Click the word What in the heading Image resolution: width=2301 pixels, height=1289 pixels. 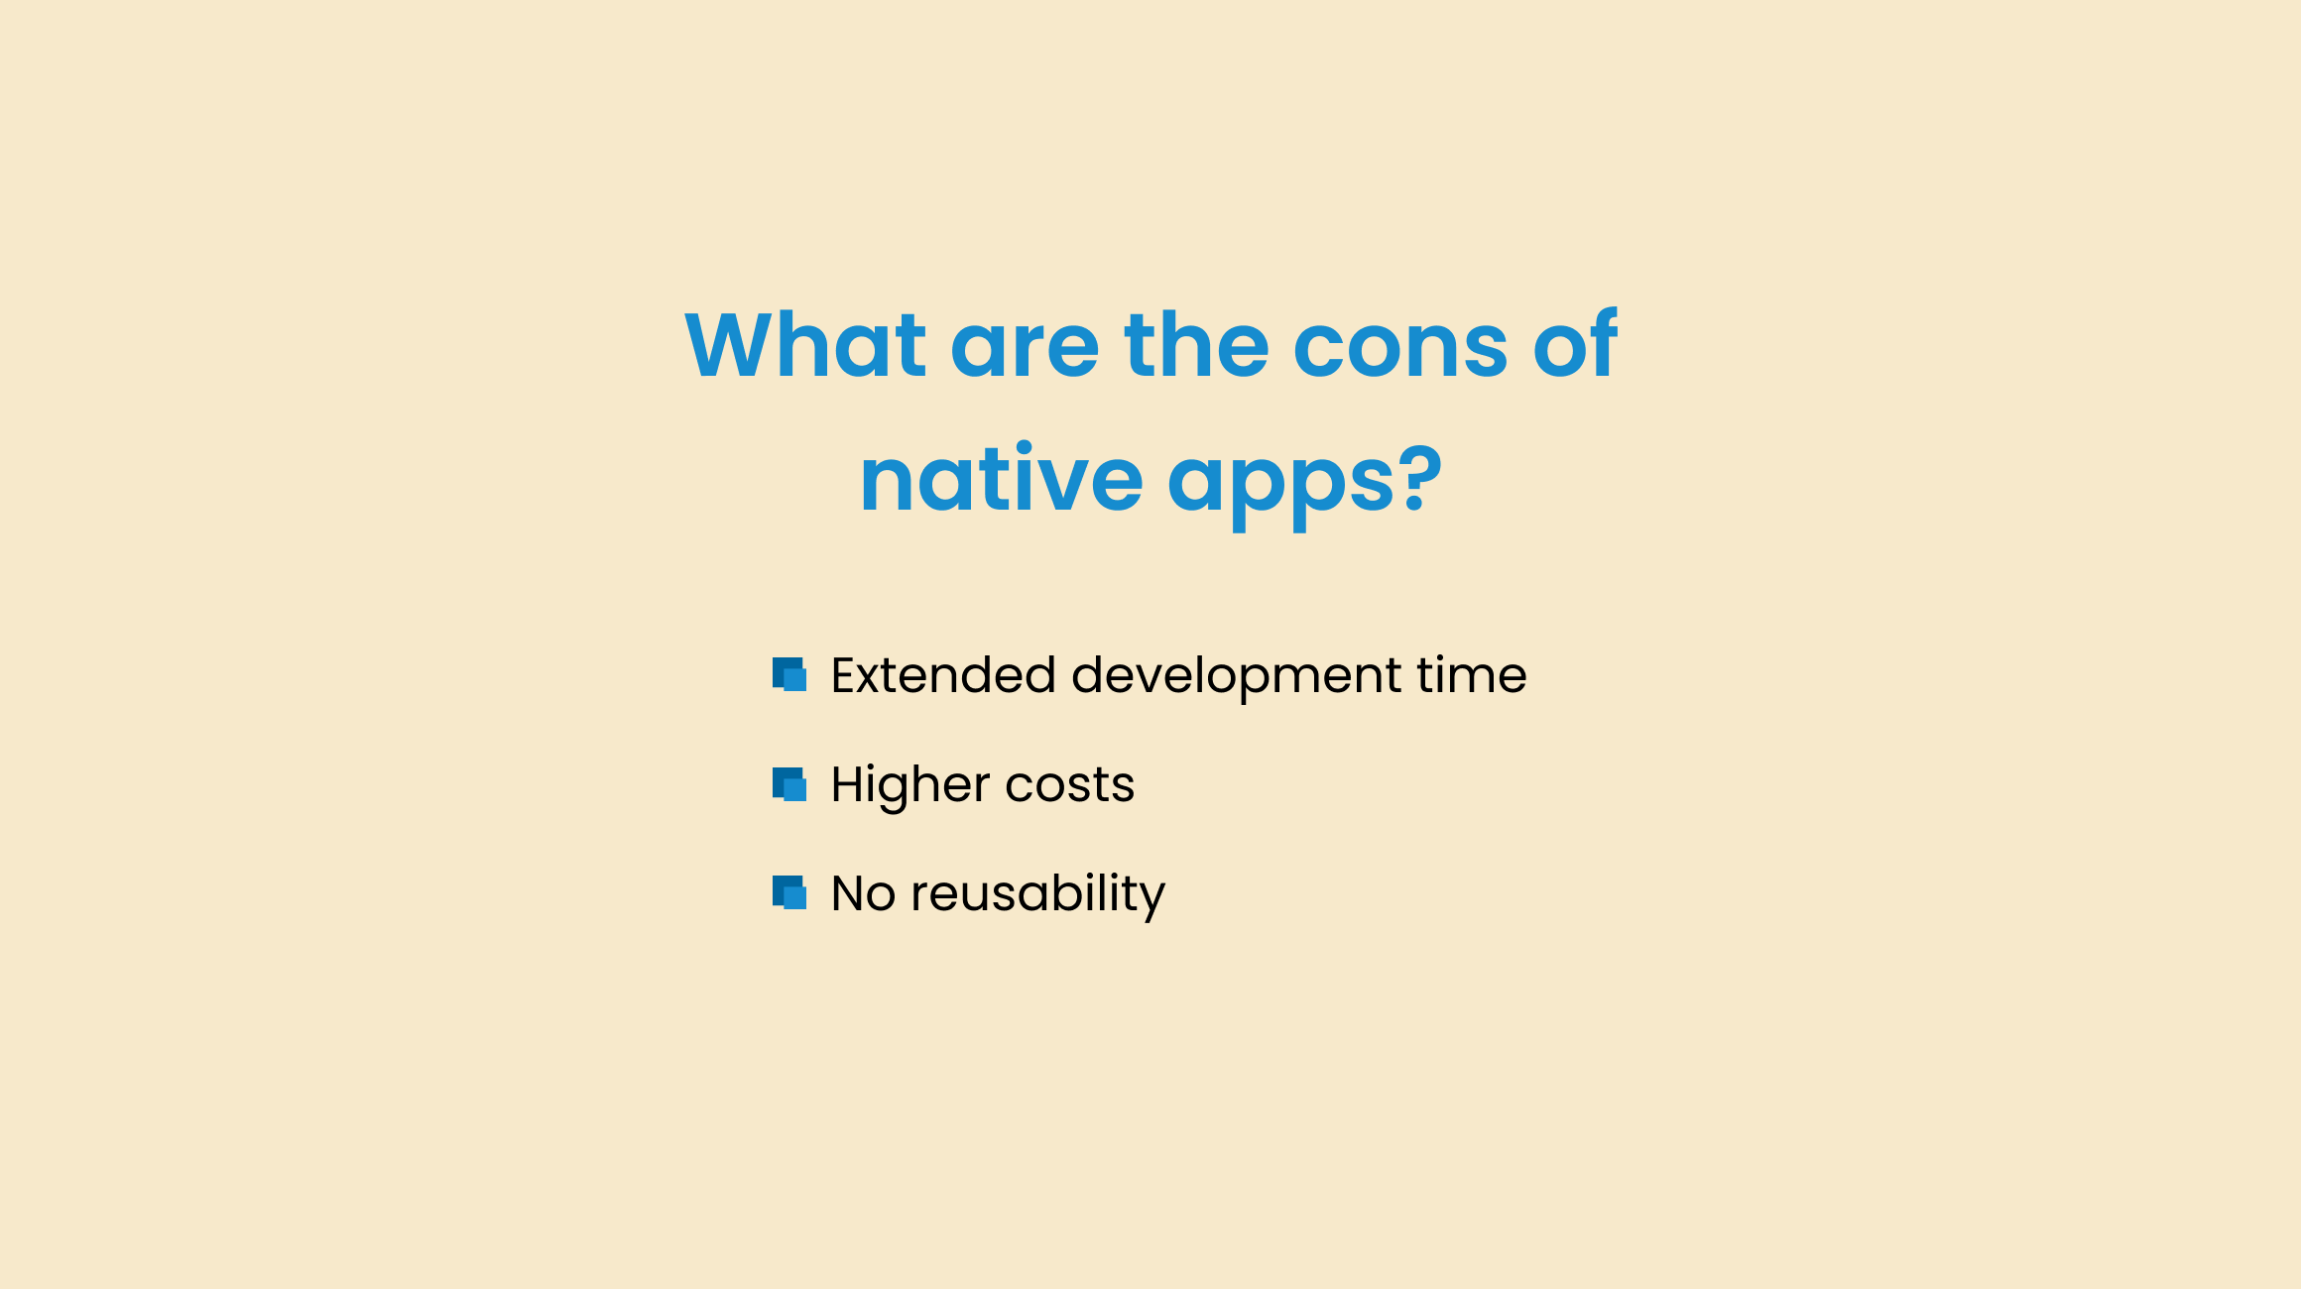pyautogui.click(x=805, y=344)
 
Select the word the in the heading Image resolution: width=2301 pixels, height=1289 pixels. pyautogui.click(x=1196, y=344)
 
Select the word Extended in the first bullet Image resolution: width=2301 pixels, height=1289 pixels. pyautogui.click(x=942, y=675)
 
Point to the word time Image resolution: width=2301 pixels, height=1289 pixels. pyautogui.click(x=1472, y=676)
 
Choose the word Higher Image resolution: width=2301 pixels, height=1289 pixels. pyautogui.click(x=910, y=785)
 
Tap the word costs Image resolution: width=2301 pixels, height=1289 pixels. pyautogui.click(x=1070, y=786)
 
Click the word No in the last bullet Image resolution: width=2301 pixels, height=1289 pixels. pyautogui.click(x=863, y=894)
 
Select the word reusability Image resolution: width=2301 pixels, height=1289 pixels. pyautogui.click(x=1038, y=896)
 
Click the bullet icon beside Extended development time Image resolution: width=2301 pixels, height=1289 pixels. pyautogui.click(x=789, y=674)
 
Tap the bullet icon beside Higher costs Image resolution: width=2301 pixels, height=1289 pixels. pyautogui.click(x=789, y=784)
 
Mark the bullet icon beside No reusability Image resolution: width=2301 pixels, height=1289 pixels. pyautogui.click(x=789, y=892)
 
